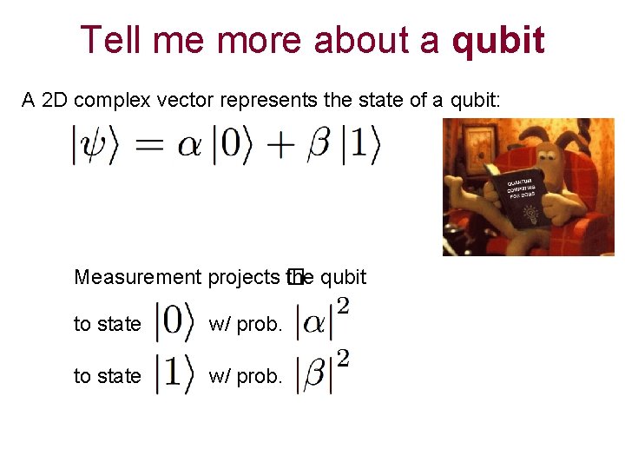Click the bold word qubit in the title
[498, 40]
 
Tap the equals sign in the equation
[150, 147]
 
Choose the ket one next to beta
[360, 146]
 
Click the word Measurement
[137, 277]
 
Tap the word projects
[243, 277]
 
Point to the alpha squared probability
[322, 320]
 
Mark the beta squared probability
[322, 373]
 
